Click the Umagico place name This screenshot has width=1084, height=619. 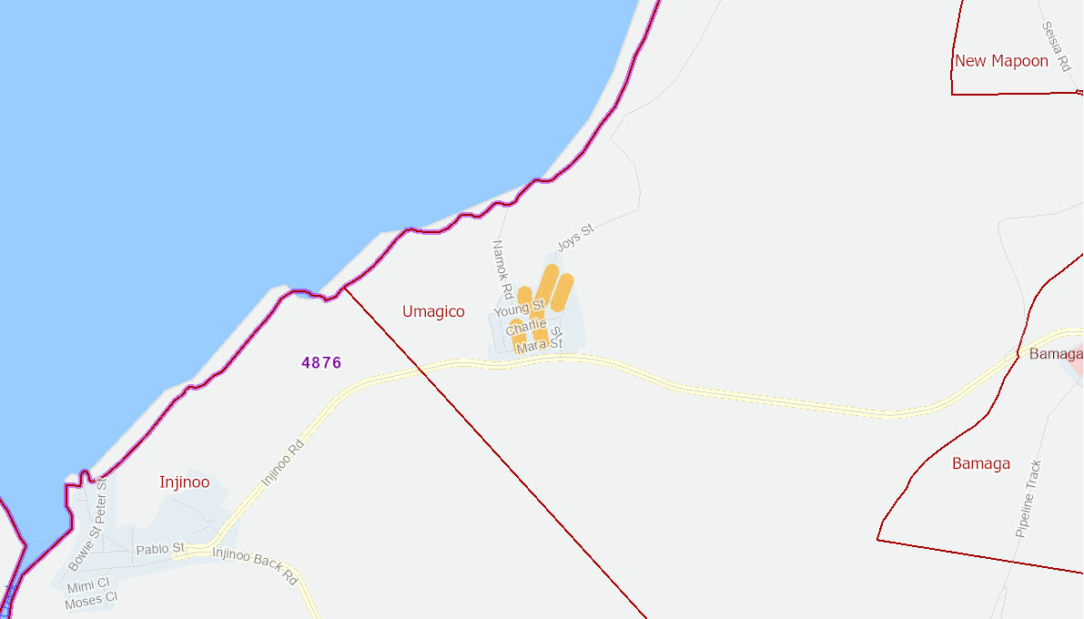coord(433,311)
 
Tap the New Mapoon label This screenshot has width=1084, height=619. coord(1001,61)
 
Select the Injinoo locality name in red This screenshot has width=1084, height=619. coord(184,482)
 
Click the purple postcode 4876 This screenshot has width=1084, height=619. coord(321,362)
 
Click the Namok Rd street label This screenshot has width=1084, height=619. coord(502,269)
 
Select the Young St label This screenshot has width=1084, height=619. coord(518,309)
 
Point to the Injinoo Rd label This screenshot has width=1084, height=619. coord(281,463)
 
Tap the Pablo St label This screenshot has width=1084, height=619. coord(160,549)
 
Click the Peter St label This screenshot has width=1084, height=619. coord(101,499)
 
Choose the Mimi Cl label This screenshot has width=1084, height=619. coord(88,584)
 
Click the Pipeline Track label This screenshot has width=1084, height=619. coord(1028,498)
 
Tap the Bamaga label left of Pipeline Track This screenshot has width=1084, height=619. coord(981,463)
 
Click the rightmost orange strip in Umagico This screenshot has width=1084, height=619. coord(562,292)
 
